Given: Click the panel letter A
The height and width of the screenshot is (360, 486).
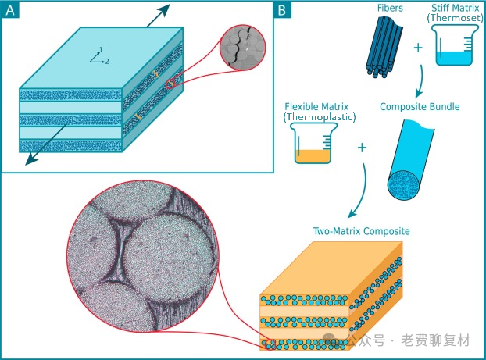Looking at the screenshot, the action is coord(10,10).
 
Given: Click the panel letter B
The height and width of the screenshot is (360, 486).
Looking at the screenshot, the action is coord(281,10).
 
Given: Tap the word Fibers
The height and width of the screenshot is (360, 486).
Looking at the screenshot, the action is coord(390,8).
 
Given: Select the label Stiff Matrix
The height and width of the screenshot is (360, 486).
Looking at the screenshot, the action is coord(456,8).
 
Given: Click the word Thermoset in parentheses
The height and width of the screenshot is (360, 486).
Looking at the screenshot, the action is coord(456,18).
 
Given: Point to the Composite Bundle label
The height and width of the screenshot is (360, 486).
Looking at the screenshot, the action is coord(420,107).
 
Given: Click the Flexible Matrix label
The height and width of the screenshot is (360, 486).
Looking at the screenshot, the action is coord(316,107).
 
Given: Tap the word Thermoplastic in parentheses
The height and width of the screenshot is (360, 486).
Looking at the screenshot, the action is coord(320,117).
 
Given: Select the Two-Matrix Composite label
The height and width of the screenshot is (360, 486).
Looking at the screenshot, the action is coord(362,231).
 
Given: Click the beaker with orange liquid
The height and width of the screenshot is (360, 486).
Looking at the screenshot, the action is coord(313,143).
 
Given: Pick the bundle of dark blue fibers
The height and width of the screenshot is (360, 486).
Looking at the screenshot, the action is coord(384,47).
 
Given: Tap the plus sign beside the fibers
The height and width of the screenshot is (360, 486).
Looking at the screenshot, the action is coord(418,48).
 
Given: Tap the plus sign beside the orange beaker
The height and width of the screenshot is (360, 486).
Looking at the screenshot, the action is coord(362,148).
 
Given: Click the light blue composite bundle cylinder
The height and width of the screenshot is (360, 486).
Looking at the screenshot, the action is coord(410,160).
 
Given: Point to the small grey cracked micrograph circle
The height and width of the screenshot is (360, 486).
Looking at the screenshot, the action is coord(242,48).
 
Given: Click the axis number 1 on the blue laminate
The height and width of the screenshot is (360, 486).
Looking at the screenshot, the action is coord(101,49).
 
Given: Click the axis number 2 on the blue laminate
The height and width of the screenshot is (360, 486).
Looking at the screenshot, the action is coord(107,62).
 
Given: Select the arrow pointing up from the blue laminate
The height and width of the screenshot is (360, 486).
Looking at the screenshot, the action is coord(159,15).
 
